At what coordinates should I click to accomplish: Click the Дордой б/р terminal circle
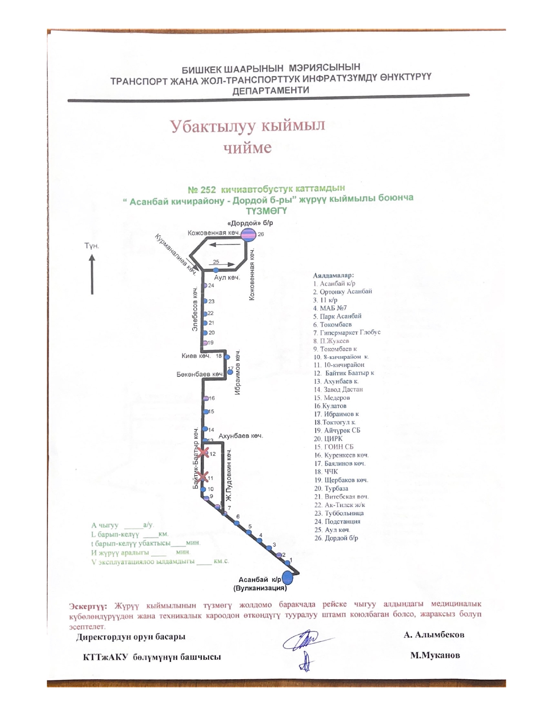pos(249,235)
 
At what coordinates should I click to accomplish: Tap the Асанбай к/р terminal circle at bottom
pos(288,578)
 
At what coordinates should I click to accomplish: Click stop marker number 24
pos(206,286)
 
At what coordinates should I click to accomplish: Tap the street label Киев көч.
pos(196,356)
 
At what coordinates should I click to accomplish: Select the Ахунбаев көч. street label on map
pos(241,436)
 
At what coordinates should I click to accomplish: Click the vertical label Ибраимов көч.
pos(237,372)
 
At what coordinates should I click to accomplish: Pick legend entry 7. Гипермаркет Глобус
pos(347,332)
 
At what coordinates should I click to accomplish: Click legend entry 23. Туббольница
pos(339,513)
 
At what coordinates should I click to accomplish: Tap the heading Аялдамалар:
pos(333,275)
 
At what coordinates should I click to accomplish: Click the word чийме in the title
pos(248,148)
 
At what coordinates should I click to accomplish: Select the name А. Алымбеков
pos(434,635)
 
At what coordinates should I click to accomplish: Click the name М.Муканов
pos(435,655)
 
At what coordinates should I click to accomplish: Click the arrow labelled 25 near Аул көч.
pos(222,263)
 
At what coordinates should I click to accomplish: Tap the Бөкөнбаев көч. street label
pos(200,374)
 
